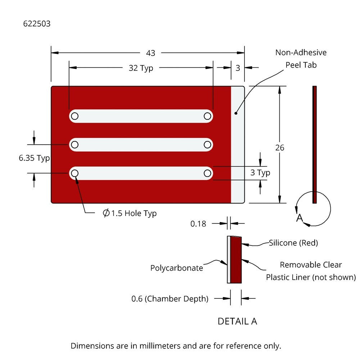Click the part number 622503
tap(37, 24)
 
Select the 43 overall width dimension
tap(151, 53)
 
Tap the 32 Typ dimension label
tap(141, 68)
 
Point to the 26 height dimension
tap(280, 148)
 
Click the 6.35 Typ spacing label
tap(34, 158)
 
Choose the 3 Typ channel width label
tap(260, 173)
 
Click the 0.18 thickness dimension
tap(198, 224)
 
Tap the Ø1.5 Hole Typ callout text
tap(130, 213)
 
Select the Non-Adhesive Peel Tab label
tap(301, 59)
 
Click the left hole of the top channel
tap(75, 116)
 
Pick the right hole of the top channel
tap(207, 116)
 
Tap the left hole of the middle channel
tap(75, 144)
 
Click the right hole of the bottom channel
tap(207, 173)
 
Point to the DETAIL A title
tap(237, 321)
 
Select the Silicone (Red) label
tap(293, 243)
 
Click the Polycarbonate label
tap(176, 268)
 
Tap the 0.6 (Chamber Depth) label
tap(170, 298)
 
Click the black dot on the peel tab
tap(236, 113)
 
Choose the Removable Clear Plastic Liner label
tap(311, 271)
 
